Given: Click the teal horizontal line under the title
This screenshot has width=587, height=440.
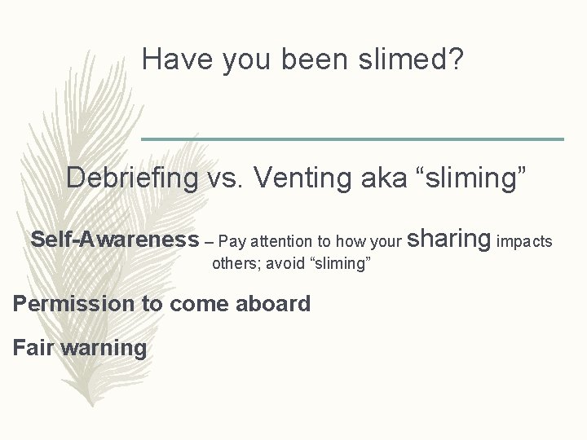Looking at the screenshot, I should coord(352,139).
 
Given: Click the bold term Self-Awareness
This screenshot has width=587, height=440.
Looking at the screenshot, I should coord(114,240).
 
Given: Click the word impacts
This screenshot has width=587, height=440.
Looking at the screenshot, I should coord(524,241).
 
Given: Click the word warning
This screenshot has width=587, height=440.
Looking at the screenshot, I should coord(105,349).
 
